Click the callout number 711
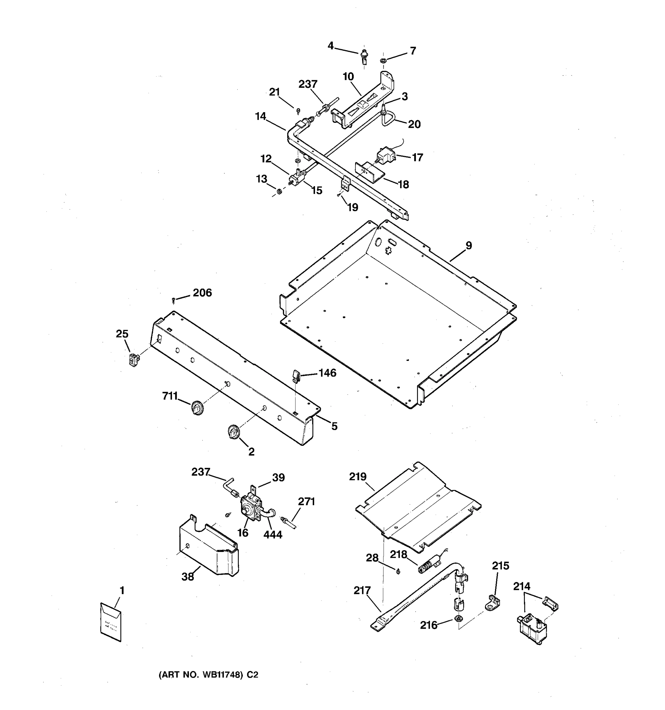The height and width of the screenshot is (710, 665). (x=170, y=396)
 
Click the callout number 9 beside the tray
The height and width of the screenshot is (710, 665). (x=468, y=246)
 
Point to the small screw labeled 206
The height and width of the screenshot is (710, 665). (x=173, y=300)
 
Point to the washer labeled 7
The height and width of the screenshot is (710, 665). (x=383, y=61)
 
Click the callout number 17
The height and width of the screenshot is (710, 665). (x=417, y=157)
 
